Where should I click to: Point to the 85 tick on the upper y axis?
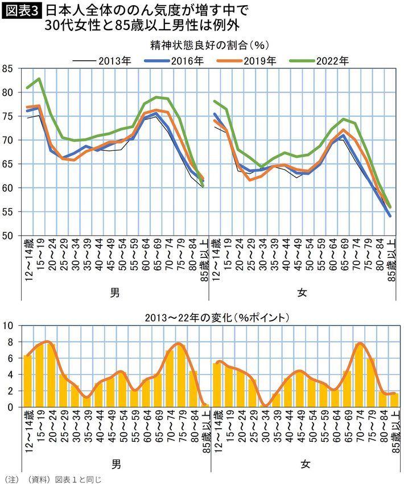click(x=9, y=69)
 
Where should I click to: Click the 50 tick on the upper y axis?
click(x=9, y=235)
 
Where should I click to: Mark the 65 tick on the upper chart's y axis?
click(x=9, y=164)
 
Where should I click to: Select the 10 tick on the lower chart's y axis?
click(x=9, y=326)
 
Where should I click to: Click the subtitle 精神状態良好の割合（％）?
click(x=208, y=44)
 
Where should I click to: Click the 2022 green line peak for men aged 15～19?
click(x=39, y=79)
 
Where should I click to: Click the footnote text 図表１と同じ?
click(x=77, y=479)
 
